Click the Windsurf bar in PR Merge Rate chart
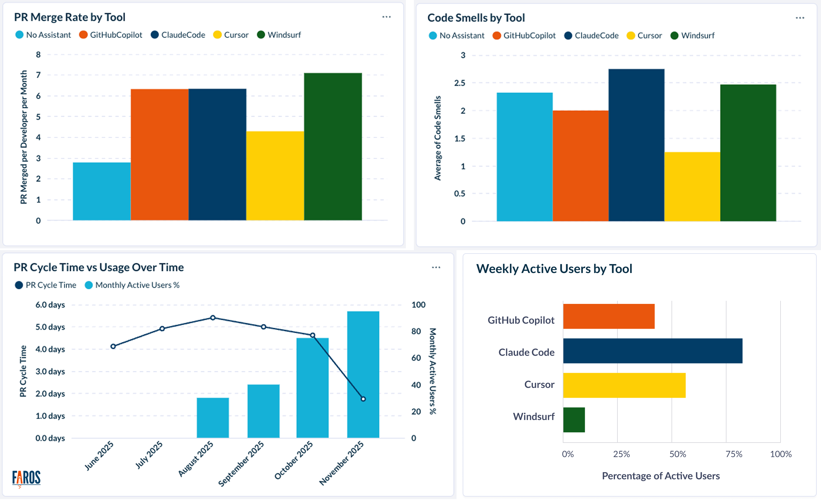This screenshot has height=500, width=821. [x=333, y=147]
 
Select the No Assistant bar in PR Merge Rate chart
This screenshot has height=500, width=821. [x=102, y=191]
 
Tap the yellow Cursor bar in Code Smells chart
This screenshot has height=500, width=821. [x=692, y=187]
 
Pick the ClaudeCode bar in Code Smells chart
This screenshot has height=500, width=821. [x=636, y=145]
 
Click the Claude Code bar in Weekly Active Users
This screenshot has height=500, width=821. [x=652, y=351]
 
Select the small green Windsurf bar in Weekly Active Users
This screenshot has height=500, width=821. [x=574, y=420]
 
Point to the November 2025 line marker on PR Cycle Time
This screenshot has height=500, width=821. [x=363, y=399]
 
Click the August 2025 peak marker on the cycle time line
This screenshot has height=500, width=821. [x=213, y=318]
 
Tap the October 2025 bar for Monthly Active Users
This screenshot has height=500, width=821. [x=312, y=388]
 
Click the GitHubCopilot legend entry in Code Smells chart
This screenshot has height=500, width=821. [x=524, y=36]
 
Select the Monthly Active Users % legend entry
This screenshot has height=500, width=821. [x=132, y=285]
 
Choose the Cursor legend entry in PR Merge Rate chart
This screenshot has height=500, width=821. [x=231, y=35]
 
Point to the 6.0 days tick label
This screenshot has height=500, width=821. [x=50, y=305]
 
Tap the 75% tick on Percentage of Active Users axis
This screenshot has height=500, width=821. [x=734, y=454]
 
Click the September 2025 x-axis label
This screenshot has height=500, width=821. [x=241, y=463]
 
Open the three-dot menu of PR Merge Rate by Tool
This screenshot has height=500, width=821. [x=386, y=17]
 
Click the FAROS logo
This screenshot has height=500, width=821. [x=26, y=478]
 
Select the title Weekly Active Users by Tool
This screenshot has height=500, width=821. [x=554, y=269]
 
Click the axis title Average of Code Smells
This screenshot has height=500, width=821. [x=437, y=138]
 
